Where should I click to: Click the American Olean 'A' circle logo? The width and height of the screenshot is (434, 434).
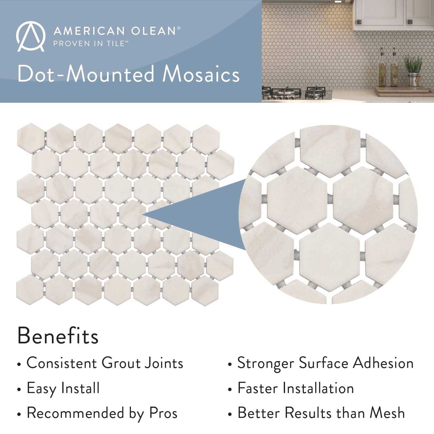click(30, 36)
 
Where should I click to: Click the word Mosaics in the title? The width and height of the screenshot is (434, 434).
click(201, 74)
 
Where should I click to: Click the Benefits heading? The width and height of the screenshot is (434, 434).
click(58, 336)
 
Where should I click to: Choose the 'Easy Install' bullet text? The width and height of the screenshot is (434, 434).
click(63, 388)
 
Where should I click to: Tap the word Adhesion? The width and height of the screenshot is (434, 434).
click(383, 363)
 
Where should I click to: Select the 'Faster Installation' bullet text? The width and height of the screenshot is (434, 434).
click(296, 388)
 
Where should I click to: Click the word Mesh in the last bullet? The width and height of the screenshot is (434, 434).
click(387, 413)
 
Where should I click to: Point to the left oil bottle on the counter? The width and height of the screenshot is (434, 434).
click(382, 69)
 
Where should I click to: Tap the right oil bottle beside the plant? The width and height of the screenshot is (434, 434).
click(394, 69)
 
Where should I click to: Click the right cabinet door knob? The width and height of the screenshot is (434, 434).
click(410, 22)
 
